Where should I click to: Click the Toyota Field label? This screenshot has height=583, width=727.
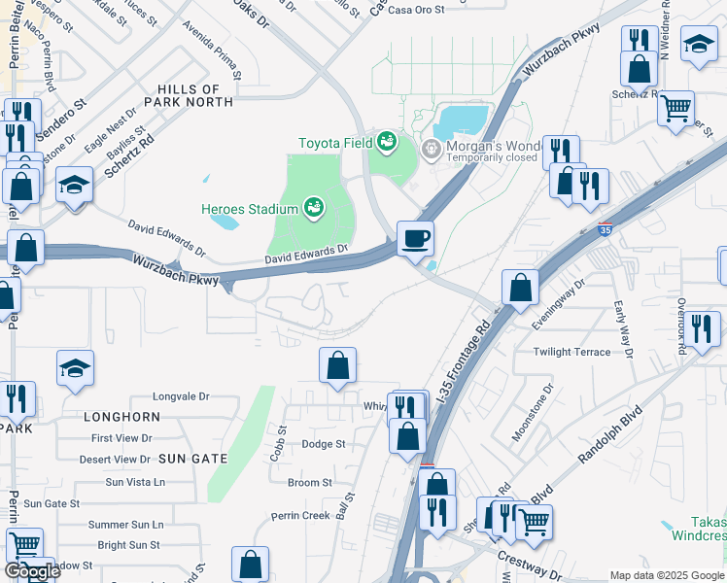coord(335,143)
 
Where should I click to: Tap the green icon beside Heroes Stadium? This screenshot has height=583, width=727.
coord(313,206)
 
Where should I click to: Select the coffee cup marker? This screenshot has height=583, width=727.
coord(415,238)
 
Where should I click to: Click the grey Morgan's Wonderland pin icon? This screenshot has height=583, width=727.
coord(432,151)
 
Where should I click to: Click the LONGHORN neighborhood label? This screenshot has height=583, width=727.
coord(121,417)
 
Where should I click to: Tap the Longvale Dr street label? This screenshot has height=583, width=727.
coord(182,396)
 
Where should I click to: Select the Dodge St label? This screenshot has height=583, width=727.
coord(324,444)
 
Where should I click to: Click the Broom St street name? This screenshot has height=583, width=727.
coord(310,483)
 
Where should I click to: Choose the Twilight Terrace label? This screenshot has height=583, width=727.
coord(571,353)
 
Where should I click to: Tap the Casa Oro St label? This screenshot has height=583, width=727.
coord(415,10)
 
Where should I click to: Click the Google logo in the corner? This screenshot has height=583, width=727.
coord(31,571)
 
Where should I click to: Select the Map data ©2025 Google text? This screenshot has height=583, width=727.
coord(667,575)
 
